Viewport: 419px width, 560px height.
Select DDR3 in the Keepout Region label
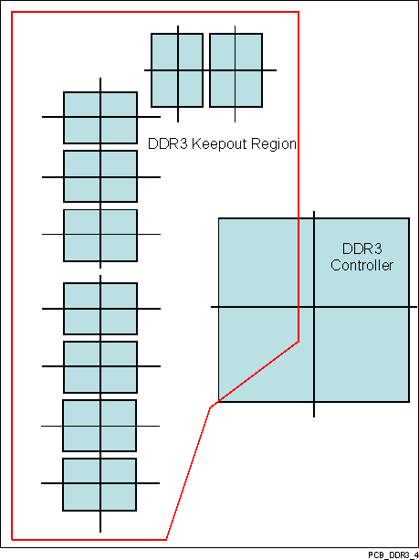166,144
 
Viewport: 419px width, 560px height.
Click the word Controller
361,266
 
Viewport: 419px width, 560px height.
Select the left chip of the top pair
177,70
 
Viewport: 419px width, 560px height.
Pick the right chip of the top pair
236,70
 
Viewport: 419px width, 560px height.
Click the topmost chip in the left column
100,117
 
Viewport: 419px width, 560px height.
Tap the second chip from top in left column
100,176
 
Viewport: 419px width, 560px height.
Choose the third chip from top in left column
100,236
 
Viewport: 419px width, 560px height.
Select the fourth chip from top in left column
100,309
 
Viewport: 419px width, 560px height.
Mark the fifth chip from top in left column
100,367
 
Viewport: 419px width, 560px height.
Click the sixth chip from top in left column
100,426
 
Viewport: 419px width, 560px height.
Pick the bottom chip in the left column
100,484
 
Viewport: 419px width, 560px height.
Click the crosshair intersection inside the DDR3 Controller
315,307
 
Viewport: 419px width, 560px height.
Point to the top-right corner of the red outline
299,12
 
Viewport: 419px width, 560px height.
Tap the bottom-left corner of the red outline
11,539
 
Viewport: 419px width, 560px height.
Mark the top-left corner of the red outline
11,12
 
